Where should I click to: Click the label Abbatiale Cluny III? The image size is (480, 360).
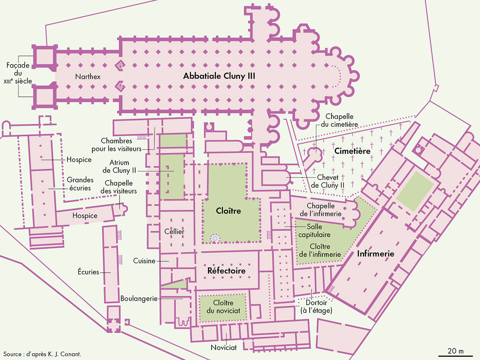219,76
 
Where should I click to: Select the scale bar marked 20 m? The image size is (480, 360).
455,355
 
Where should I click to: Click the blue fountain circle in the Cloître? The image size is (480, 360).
215,238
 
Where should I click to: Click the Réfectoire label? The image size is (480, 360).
226,271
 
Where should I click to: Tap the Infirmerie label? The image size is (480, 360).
376,253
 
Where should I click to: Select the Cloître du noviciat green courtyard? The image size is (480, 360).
222,307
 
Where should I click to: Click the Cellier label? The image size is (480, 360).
174,232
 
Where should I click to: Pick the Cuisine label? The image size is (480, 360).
144,261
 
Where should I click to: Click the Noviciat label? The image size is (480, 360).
224,348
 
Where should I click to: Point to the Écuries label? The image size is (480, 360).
88,272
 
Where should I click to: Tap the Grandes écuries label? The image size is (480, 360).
80,184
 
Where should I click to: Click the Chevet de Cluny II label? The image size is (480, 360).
328,181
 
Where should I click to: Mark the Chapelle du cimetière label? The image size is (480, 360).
342,120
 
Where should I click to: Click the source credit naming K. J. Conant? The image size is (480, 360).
45,354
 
